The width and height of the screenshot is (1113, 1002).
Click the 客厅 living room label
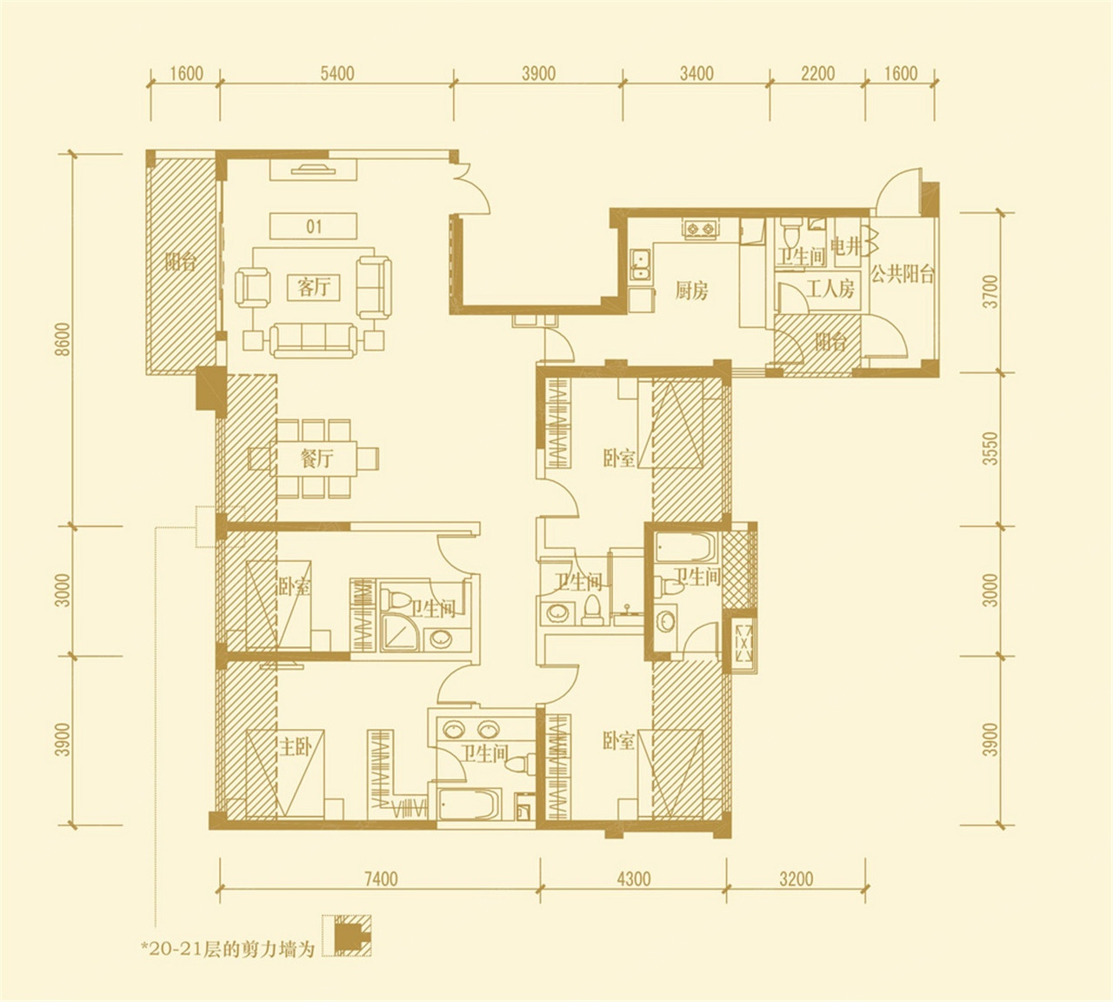(x=314, y=288)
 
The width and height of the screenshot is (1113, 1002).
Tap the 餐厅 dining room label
(x=317, y=459)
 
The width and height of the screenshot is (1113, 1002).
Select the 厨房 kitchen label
(x=691, y=291)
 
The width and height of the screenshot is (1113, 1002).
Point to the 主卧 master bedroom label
(x=295, y=748)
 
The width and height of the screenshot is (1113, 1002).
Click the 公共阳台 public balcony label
(x=903, y=274)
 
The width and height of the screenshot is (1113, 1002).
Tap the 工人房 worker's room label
(x=830, y=290)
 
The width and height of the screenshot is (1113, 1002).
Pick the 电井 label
(x=845, y=246)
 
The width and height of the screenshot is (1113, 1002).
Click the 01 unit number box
(x=314, y=226)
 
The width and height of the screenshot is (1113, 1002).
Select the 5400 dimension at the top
(x=337, y=73)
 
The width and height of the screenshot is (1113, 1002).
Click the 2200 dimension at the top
(x=818, y=73)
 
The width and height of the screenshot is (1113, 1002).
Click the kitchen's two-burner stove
(x=702, y=228)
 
